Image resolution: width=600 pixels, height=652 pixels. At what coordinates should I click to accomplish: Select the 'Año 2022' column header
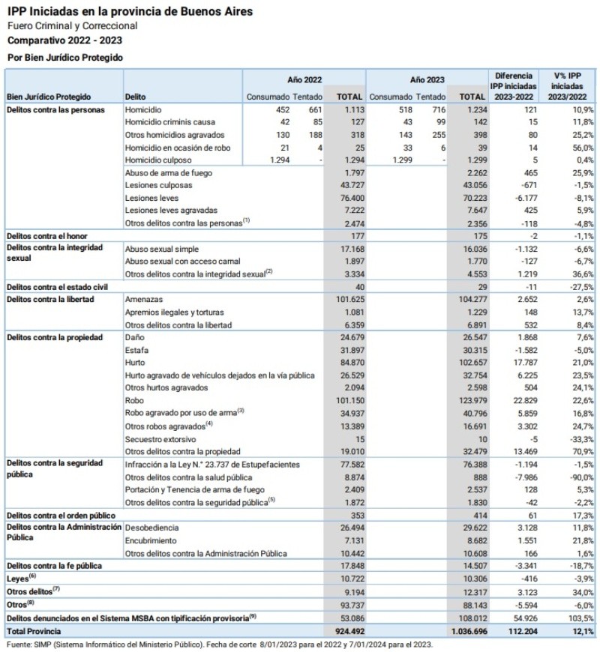[304, 79]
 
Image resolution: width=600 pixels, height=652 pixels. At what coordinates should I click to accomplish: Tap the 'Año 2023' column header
[427, 79]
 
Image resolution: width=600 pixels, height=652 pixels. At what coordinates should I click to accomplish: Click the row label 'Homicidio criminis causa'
[170, 121]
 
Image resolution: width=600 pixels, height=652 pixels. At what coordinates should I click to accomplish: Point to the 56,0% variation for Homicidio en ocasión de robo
[583, 147]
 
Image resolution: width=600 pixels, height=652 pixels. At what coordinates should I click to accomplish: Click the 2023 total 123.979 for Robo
[468, 401]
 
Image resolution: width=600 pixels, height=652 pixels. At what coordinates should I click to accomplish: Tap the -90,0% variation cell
[581, 477]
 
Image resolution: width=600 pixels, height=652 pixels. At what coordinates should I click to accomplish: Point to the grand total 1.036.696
[465, 632]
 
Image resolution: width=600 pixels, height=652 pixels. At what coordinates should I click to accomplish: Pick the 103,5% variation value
[581, 619]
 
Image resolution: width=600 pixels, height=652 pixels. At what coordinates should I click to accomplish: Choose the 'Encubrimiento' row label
[151, 540]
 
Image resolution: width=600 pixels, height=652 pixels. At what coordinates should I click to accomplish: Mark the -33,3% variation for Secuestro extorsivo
[581, 439]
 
